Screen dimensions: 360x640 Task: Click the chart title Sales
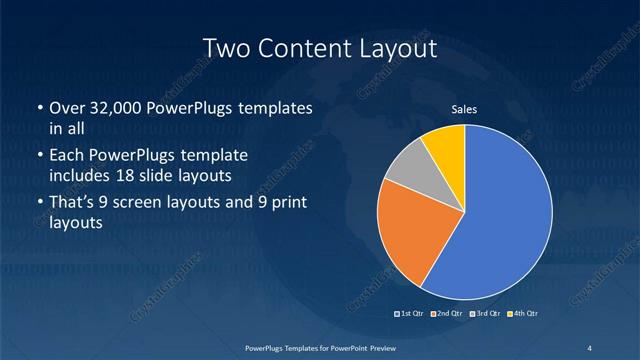coord(464,109)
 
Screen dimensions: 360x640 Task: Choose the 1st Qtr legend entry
coord(411,314)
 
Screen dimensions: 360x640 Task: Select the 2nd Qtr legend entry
coord(447,314)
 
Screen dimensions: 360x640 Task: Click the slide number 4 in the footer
coord(589,347)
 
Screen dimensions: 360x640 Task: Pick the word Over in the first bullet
coord(67,108)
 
